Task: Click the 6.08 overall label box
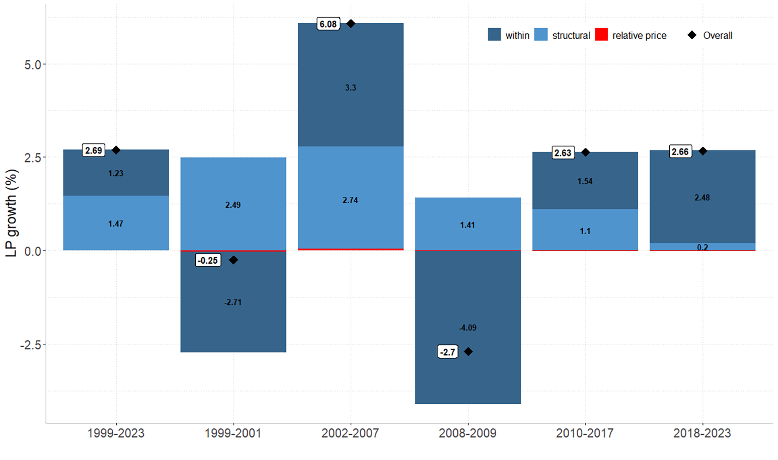tap(328, 24)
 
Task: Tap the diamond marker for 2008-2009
tap(468, 352)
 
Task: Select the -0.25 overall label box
tap(208, 260)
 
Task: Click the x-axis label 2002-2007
tap(350, 433)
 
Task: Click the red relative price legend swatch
tap(601, 35)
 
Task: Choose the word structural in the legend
tap(571, 35)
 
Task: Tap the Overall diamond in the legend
tap(692, 35)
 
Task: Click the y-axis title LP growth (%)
tap(12, 213)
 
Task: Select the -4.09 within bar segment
tap(468, 327)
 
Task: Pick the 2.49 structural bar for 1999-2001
tap(233, 204)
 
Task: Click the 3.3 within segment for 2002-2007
tap(350, 85)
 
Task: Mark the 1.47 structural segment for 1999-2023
tap(116, 223)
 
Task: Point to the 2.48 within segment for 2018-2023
tap(703, 197)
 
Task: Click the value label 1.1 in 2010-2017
tap(585, 231)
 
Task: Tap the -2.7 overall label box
tap(447, 352)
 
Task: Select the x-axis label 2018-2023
tap(702, 433)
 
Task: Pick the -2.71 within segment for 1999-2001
tap(233, 301)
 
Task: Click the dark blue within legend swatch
tap(494, 35)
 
